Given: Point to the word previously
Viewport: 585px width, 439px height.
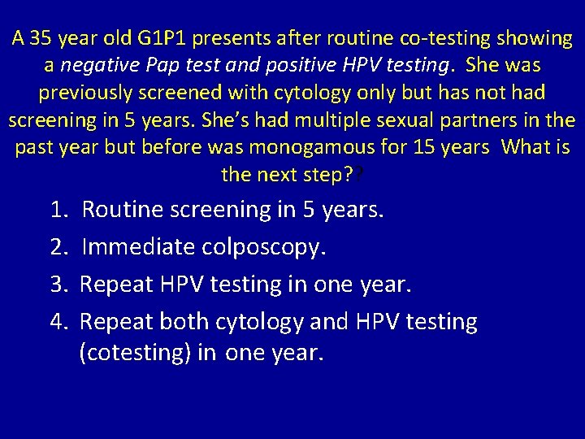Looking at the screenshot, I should pyautogui.click(x=85, y=92).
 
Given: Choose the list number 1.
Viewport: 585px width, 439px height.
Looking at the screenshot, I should pyautogui.click(x=58, y=210).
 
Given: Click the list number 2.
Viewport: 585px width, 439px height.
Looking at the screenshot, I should pyautogui.click(x=58, y=246).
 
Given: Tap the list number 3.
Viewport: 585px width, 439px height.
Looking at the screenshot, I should pyautogui.click(x=58, y=285).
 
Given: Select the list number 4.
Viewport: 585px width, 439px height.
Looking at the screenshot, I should pyautogui.click(x=58, y=322).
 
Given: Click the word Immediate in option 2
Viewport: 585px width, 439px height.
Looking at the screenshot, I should pyautogui.click(x=136, y=246).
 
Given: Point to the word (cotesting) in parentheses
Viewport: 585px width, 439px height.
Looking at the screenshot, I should pyautogui.click(x=134, y=354).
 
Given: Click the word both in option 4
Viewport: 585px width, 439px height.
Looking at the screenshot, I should pyautogui.click(x=182, y=322).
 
